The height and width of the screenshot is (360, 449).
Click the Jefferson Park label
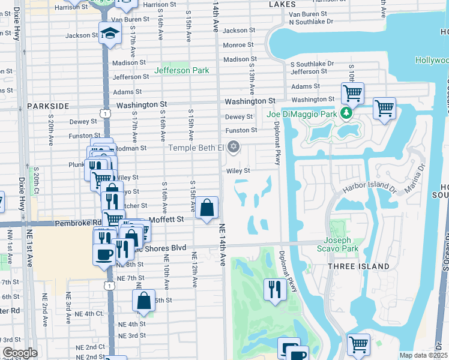click(x=181, y=70)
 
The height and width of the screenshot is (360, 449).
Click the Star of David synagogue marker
click(x=234, y=147)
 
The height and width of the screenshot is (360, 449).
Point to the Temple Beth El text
click(x=196, y=148)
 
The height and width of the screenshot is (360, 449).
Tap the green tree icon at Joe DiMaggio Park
click(x=346, y=112)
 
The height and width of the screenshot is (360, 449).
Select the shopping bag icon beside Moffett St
click(x=207, y=208)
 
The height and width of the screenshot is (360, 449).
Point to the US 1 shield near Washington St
click(x=106, y=112)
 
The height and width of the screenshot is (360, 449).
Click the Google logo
click(x=20, y=353)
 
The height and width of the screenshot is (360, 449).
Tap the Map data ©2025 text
click(x=423, y=355)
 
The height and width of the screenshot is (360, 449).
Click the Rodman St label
click(x=135, y=148)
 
